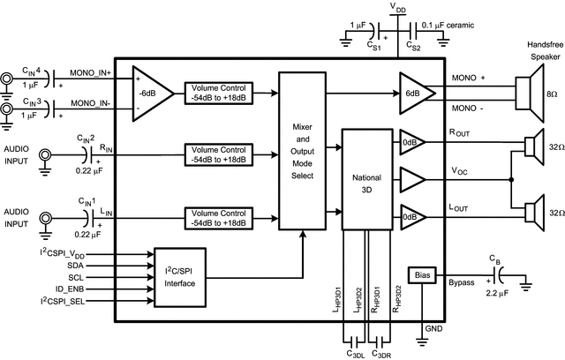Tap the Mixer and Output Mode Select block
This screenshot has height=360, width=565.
click(302, 151)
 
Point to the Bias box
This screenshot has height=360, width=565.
click(421, 275)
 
